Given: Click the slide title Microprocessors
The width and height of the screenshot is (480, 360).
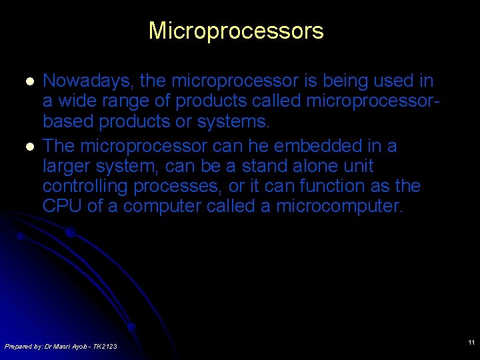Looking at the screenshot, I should (236, 31).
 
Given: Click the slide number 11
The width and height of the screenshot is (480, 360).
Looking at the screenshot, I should (471, 343).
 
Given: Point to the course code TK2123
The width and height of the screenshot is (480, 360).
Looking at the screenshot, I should (105, 346).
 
